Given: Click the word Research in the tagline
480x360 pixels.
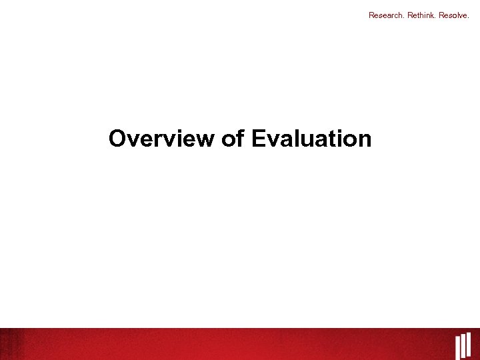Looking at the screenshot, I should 384,15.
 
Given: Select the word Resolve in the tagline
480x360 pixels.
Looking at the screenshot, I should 453,15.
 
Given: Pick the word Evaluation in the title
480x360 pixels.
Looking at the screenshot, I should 311,139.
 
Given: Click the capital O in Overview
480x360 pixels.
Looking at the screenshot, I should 117,139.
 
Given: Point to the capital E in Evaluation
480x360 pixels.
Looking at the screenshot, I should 259,139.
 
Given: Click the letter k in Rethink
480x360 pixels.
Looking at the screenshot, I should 431,15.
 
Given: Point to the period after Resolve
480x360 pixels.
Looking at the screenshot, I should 469,17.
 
